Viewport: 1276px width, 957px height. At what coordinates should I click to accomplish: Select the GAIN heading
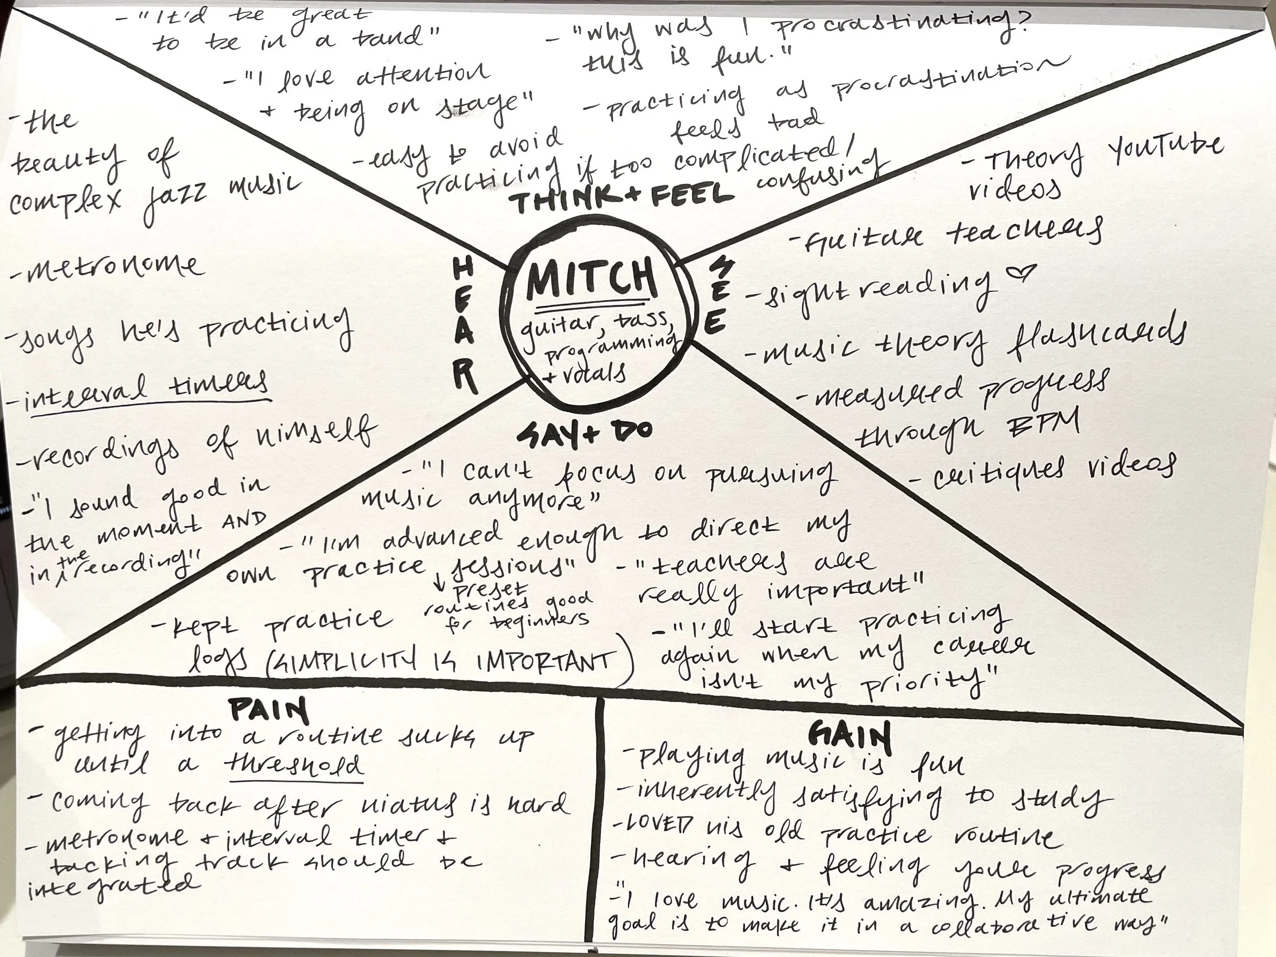click(x=849, y=736)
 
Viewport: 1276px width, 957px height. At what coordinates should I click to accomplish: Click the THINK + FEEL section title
click(x=623, y=199)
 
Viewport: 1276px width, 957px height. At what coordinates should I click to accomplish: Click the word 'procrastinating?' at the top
click(x=900, y=26)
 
